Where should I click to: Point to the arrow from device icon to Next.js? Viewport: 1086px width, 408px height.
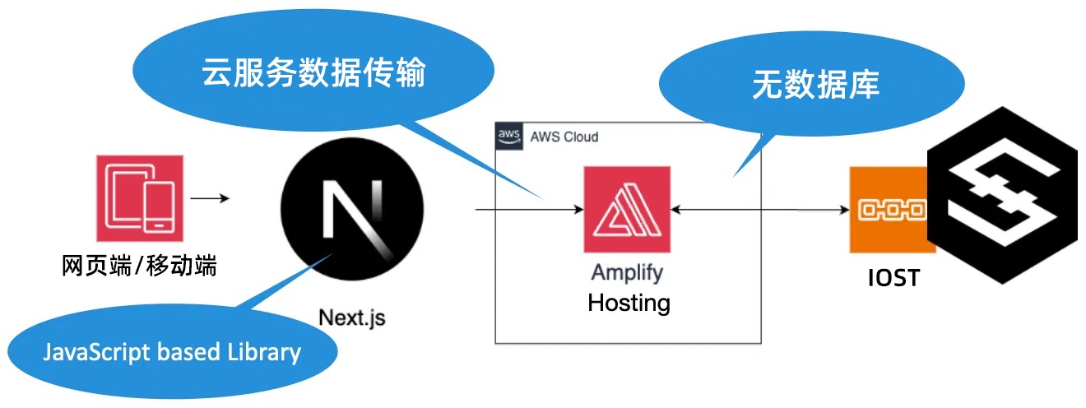210,199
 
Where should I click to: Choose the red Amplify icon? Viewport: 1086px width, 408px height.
627,210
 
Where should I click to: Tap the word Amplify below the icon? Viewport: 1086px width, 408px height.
627,273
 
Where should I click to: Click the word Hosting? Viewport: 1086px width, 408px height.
629,303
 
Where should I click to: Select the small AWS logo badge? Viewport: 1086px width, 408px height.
509,137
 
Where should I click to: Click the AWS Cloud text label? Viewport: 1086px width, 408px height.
564,137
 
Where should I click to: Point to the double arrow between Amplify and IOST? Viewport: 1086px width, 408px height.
760,211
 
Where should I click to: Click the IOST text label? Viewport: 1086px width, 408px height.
893,278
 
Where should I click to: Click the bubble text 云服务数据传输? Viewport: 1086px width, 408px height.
313,74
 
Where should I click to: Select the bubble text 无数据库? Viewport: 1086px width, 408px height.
815,85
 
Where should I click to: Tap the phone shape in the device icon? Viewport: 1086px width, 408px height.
159,205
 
